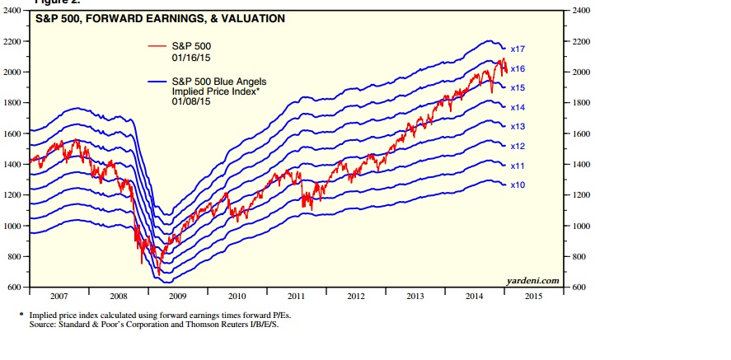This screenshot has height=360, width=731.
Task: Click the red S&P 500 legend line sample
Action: tap(157, 46)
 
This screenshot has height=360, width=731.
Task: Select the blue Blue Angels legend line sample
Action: tap(157, 81)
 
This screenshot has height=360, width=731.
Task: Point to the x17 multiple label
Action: tap(518, 49)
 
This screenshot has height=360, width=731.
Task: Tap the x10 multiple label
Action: tap(518, 185)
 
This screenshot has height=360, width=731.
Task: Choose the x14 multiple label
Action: tap(518, 108)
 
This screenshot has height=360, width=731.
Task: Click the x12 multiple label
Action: tap(518, 146)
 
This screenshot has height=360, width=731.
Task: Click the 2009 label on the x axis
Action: tap(177, 295)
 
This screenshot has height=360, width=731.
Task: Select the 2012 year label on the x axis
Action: tap(355, 295)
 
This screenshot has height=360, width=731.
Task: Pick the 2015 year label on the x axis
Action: tap(532, 295)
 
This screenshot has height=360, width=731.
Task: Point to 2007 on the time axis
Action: tap(59, 295)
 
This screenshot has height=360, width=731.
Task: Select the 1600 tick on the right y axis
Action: tap(580, 133)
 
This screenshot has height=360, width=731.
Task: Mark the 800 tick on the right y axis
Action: tap(579, 256)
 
